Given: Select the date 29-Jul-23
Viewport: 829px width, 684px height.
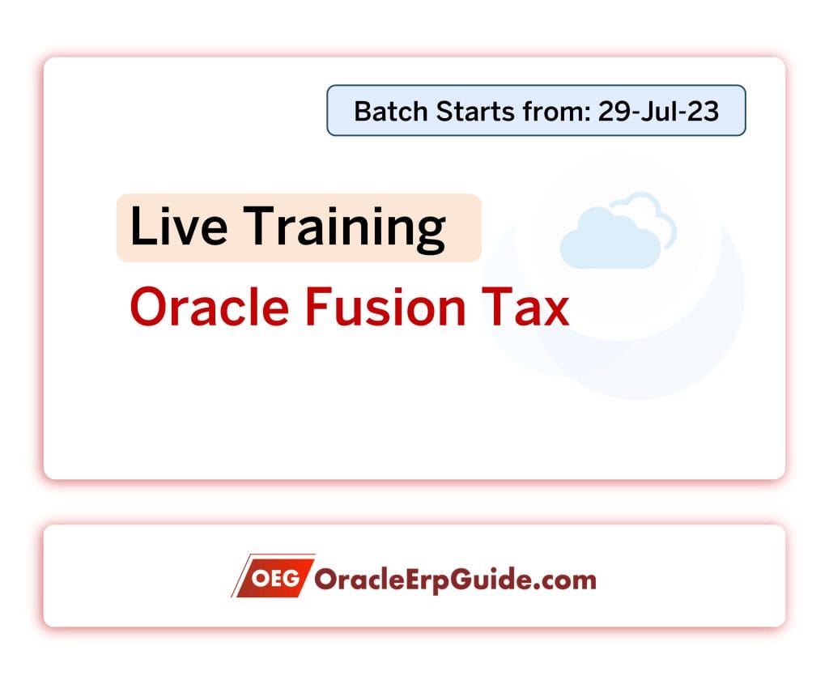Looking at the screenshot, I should pyautogui.click(x=658, y=111).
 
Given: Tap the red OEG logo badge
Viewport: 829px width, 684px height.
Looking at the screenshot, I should pyautogui.click(x=274, y=577).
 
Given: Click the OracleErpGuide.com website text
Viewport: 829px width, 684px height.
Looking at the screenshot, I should pyautogui.click(x=454, y=579).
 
